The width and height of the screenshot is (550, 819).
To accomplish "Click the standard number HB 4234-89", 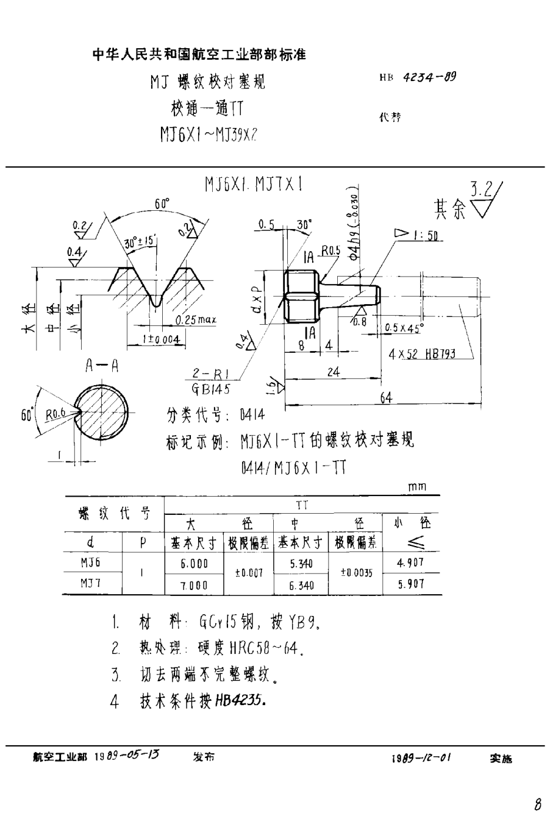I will tap(417, 78).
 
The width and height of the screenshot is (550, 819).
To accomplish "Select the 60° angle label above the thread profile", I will tap(162, 205).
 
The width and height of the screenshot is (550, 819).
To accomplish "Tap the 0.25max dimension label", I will tap(196, 319).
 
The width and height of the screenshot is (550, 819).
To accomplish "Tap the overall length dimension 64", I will tap(385, 397).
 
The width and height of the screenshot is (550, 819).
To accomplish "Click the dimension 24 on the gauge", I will tap(332, 373).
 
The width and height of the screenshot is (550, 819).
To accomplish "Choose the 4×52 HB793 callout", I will tap(421, 353).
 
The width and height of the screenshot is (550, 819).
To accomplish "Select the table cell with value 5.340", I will tap(302, 564).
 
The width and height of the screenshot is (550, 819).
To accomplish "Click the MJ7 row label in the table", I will tap(91, 584).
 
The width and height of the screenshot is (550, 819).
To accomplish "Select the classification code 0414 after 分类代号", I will tap(253, 416).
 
